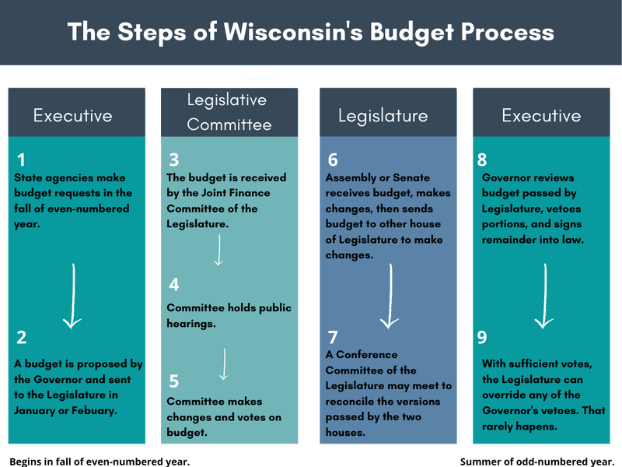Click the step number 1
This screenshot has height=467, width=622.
tap(21, 160)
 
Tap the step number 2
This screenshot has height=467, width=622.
tap(22, 337)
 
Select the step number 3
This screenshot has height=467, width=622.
tap(174, 160)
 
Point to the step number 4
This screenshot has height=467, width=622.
tap(174, 285)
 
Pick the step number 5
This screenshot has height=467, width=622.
tap(174, 381)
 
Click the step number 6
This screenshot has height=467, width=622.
tap(333, 160)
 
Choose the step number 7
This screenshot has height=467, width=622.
tap(333, 337)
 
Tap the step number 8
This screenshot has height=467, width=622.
tap(483, 160)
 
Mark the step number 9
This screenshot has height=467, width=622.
tap(483, 337)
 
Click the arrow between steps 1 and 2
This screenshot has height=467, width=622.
tap(72, 296)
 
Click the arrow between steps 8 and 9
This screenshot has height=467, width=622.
tap(543, 296)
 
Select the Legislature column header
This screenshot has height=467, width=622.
tap(383, 116)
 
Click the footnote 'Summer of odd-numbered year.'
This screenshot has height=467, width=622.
tap(537, 461)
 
